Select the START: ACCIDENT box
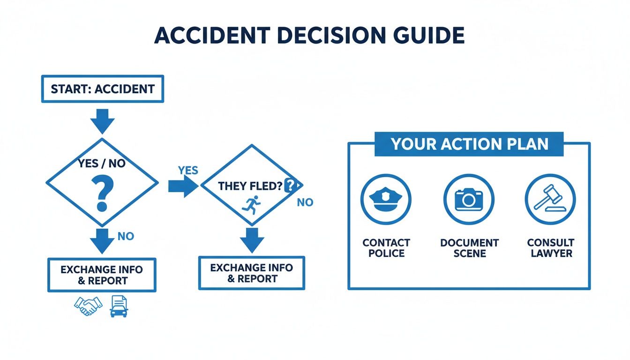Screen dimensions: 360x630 coord(103,89)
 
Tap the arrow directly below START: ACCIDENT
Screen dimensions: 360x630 coord(102,121)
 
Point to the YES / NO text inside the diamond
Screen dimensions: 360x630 coord(102,164)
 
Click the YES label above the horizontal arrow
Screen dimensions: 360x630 coord(188,171)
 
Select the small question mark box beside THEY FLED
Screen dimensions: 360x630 coord(291,186)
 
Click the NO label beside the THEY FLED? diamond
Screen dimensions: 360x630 coord(305,202)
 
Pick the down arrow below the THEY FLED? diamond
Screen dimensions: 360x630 coord(252,240)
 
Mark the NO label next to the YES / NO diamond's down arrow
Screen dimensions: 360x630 coord(126,236)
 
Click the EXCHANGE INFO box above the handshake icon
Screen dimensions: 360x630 coord(102,275)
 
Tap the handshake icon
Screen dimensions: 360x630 coord(88,306)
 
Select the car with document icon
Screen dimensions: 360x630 coord(119,306)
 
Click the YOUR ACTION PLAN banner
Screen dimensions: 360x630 coord(469,144)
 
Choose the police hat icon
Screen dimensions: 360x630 coord(386,199)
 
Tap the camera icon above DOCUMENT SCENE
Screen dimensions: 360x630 coord(468,199)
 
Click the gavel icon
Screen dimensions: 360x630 coord(550,199)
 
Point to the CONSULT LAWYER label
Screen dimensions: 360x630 coord(551,248)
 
